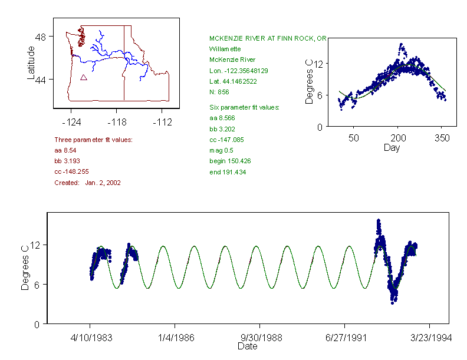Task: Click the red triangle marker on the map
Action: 84,77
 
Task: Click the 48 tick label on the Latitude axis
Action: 41,37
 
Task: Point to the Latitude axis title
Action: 31,63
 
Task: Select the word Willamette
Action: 225,49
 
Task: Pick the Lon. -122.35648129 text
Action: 238,71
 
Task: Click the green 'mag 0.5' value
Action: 222,150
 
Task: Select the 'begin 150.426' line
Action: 230,161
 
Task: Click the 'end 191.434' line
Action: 228,172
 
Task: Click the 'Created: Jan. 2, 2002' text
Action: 87,183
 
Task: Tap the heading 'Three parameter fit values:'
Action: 93,140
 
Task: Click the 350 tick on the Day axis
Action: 442,138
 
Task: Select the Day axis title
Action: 392,147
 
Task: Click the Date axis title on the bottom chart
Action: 247,346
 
